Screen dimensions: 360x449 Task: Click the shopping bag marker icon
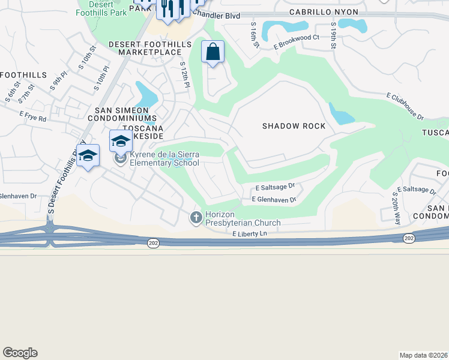[212, 52]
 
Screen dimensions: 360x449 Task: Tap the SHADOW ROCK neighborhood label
[294, 126]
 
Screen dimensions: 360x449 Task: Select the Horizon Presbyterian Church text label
[243, 218]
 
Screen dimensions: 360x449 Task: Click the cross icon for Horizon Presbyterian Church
[196, 217]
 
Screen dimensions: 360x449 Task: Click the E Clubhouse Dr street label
[405, 106]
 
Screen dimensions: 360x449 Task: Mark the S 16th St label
[254, 35]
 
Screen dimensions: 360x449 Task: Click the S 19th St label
[333, 36]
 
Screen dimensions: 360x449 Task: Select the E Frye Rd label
[32, 116]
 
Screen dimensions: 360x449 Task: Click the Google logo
[20, 353]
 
